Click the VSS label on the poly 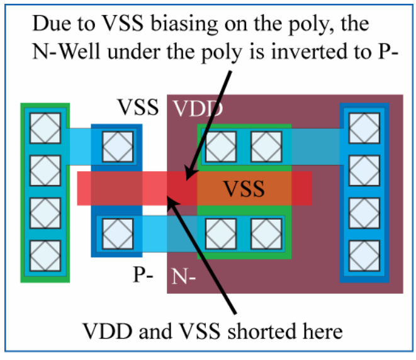245,188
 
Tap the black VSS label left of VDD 138,108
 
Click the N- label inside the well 184,276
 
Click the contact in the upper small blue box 116,147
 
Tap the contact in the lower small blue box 116,232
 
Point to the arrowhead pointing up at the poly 174,201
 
